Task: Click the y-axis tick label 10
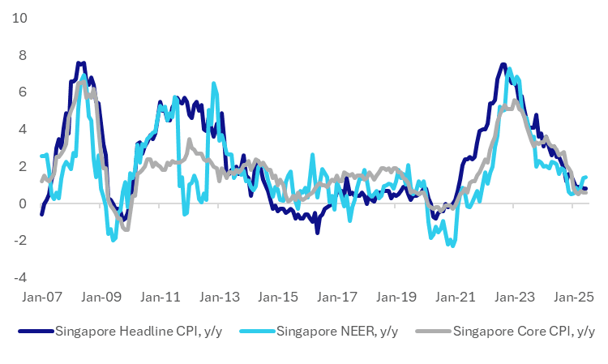[x=18, y=18]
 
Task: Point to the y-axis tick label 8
[x=22, y=55]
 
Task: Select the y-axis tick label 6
[x=22, y=92]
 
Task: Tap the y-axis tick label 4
[x=22, y=130]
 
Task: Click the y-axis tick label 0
[x=22, y=203]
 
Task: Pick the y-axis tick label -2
[x=19, y=241]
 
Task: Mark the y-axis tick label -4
[x=19, y=277]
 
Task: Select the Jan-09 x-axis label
[x=100, y=298]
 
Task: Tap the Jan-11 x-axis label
[x=159, y=298]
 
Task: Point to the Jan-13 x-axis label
[x=217, y=298]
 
